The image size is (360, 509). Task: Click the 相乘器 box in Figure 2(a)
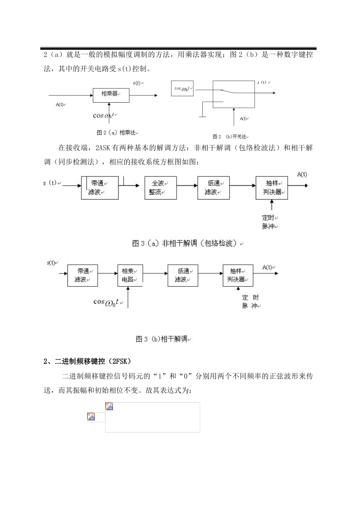tap(111, 95)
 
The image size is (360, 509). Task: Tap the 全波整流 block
tap(161, 188)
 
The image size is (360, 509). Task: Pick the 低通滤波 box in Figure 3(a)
tap(213, 188)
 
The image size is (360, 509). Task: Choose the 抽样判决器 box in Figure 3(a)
tap(272, 188)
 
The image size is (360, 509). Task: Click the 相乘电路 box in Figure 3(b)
tap(130, 275)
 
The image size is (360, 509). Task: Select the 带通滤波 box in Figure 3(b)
tap(83, 275)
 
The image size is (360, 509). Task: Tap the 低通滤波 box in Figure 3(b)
tap(183, 275)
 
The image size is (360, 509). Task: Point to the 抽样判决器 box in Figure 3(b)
tap(238, 275)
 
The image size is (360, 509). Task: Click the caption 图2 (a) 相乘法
tap(116, 133)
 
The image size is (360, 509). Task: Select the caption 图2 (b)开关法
tap(231, 137)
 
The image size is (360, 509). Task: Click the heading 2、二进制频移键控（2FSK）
tap(88, 361)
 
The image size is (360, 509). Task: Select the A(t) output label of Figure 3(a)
tap(302, 174)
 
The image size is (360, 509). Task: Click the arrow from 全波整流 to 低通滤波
tap(187, 186)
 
